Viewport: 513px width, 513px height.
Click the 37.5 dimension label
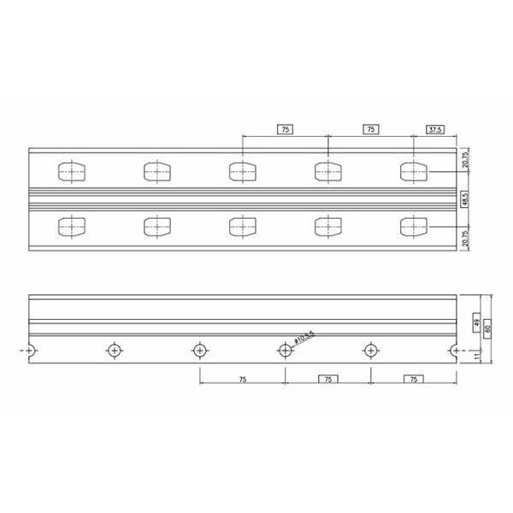[x=434, y=130]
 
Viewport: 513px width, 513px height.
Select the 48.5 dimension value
[x=465, y=200]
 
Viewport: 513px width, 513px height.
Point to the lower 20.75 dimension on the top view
[x=465, y=239]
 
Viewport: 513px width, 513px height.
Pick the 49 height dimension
[x=475, y=322]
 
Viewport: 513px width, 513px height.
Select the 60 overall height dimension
[x=486, y=328]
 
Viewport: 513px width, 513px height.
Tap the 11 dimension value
[x=475, y=357]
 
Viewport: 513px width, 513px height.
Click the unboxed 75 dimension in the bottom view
[x=242, y=379]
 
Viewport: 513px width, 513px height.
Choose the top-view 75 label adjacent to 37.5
[x=370, y=130]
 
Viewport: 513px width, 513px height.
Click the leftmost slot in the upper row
[x=71, y=171]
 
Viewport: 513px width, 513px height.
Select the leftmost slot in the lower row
[x=71, y=227]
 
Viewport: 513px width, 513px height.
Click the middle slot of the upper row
[x=242, y=171]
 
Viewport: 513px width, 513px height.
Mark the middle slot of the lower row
[x=242, y=227]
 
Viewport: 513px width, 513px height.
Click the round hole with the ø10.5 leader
[x=285, y=350]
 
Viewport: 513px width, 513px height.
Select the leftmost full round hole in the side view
[x=114, y=350]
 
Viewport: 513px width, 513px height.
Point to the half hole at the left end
[x=31, y=350]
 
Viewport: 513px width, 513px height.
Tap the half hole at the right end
[x=453, y=350]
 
